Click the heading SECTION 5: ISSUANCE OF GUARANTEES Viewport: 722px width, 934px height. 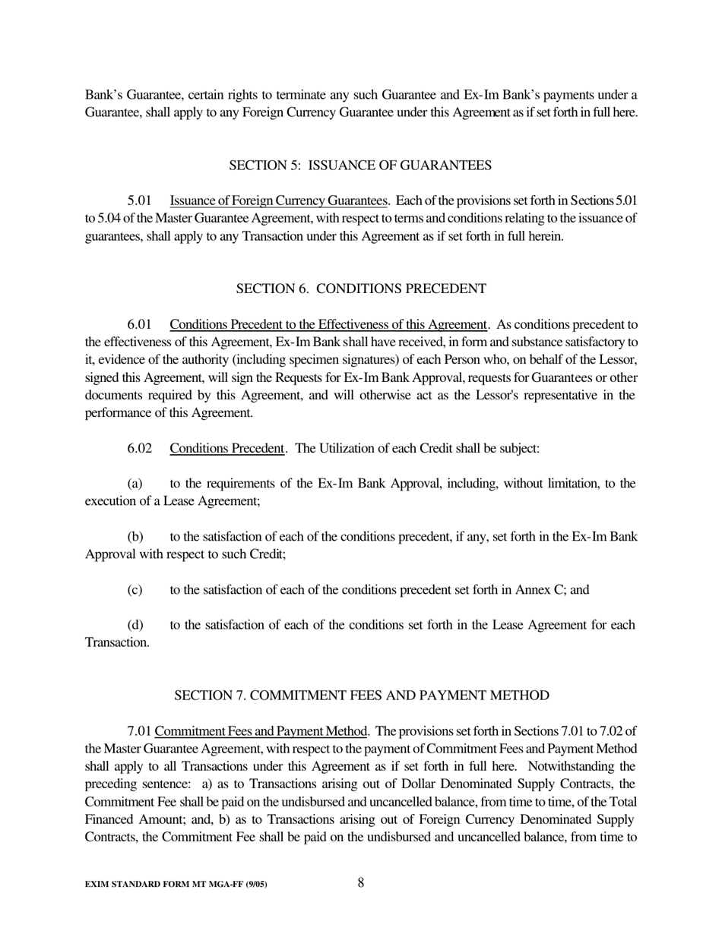(x=360, y=166)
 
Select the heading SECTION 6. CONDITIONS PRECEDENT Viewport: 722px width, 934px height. (x=360, y=289)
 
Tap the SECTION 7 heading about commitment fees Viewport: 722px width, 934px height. (x=362, y=696)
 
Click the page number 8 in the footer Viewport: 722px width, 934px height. (x=361, y=882)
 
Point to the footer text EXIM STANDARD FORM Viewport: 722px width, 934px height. (x=176, y=885)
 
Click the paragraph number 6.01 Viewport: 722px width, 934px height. (x=140, y=325)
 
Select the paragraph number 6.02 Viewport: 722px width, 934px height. (x=140, y=449)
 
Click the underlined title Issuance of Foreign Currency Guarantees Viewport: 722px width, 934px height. (x=279, y=201)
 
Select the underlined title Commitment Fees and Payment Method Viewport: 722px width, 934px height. (x=261, y=731)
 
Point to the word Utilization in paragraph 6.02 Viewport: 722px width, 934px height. (x=348, y=449)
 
